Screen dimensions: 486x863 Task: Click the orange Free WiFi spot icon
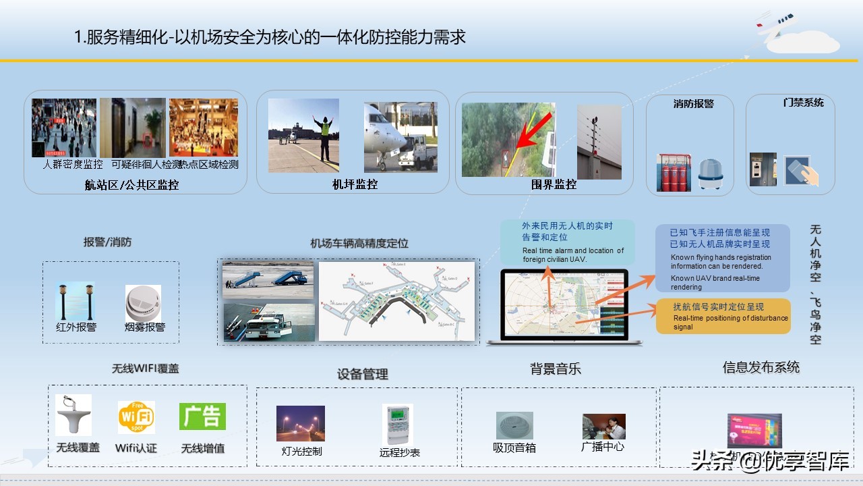[x=136, y=418]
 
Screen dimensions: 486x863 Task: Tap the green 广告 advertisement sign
[x=202, y=416]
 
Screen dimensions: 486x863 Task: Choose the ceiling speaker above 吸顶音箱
[x=514, y=425]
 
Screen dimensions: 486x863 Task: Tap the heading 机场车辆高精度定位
[x=359, y=244]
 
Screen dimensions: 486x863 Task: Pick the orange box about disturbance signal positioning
[x=723, y=316]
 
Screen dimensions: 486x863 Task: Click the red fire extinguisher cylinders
[x=672, y=173]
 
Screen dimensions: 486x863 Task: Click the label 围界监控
[x=554, y=184]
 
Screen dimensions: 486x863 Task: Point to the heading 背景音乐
[x=555, y=369]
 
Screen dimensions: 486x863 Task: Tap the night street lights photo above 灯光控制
[x=301, y=423]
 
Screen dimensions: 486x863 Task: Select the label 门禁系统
[x=803, y=103]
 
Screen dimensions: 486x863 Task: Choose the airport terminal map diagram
[x=397, y=301]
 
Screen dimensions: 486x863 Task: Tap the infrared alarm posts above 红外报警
[x=76, y=302]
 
